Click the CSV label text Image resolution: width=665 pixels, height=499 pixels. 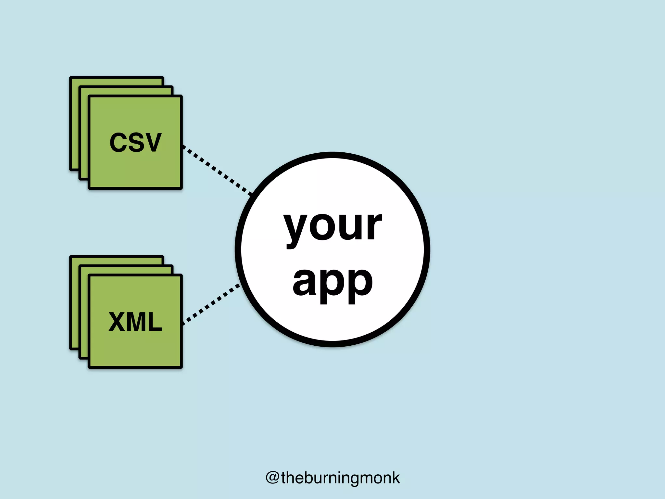pos(135,142)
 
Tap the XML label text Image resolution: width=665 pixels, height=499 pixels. pos(135,322)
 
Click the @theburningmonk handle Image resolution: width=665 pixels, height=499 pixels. pos(332,478)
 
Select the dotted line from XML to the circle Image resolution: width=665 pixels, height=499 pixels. pos(211,304)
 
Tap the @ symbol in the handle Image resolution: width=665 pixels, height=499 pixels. pos(272,478)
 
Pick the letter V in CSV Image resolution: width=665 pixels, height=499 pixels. pos(152,142)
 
